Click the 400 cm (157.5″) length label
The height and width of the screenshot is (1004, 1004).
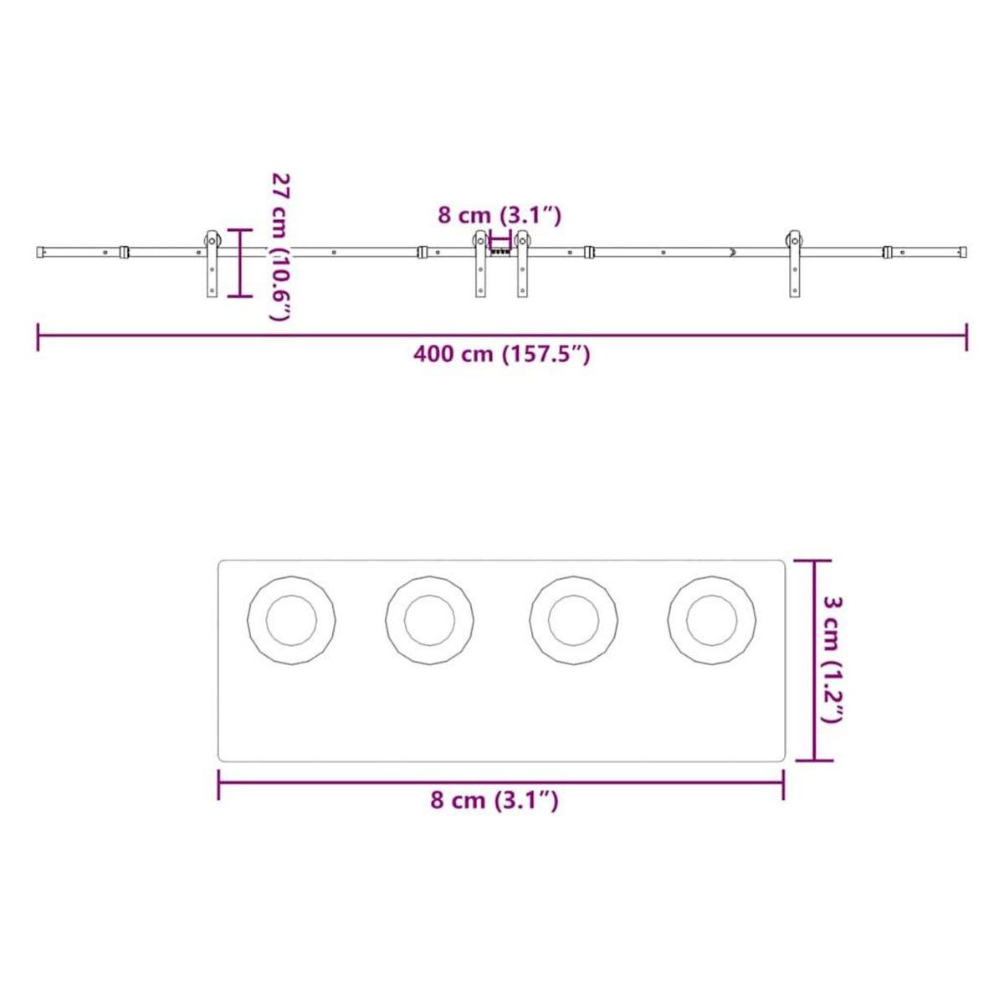pyautogui.click(x=502, y=355)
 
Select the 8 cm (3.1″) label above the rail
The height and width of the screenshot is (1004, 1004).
pyautogui.click(x=499, y=215)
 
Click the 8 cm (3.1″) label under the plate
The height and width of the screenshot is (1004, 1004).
pyautogui.click(x=494, y=801)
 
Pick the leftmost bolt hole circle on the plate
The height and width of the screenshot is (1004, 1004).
pyautogui.click(x=291, y=621)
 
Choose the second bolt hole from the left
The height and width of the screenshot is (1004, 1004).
pyautogui.click(x=429, y=621)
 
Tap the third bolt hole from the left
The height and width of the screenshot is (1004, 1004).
pyautogui.click(x=574, y=621)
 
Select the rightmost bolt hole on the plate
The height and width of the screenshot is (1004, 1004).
pyautogui.click(x=712, y=621)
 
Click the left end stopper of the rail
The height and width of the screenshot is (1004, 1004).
pyautogui.click(x=41, y=251)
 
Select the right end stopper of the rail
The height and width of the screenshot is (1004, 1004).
pyautogui.click(x=964, y=251)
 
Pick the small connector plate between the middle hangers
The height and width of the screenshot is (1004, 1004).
pyautogui.click(x=500, y=250)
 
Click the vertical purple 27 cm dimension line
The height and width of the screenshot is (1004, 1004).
pyautogui.click(x=240, y=263)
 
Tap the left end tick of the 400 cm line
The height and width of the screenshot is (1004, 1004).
pyautogui.click(x=38, y=336)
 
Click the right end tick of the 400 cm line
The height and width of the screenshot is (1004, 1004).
pyautogui.click(x=967, y=336)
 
